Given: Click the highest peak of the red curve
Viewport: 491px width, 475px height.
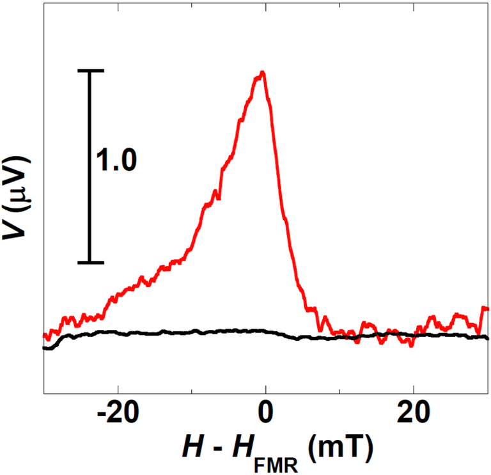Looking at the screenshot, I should click(261, 73).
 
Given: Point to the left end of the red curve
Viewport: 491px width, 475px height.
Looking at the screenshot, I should click(44, 335).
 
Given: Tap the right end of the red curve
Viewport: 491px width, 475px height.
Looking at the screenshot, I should click(488, 309).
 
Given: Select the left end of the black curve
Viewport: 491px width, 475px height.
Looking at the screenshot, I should click(44, 348).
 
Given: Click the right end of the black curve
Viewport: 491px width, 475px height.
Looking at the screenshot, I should click(488, 338).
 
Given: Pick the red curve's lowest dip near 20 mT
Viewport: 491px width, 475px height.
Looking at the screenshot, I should click(411, 346).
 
